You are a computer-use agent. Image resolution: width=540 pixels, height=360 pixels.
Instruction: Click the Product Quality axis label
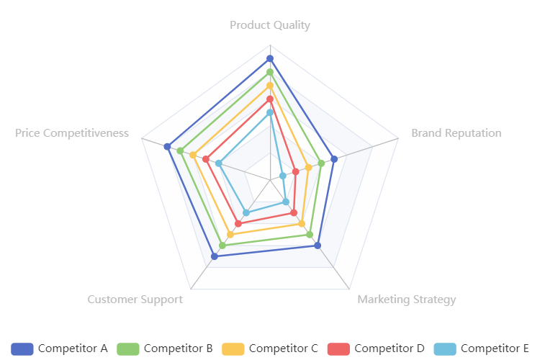pos(270,25)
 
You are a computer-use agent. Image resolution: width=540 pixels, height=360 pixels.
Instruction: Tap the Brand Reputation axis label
pos(456,133)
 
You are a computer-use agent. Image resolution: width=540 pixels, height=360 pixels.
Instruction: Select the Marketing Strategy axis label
pos(407,300)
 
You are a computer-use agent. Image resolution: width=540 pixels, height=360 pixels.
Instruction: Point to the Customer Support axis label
pos(135,300)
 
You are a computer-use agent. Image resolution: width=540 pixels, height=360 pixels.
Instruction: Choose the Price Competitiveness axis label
pos(72,133)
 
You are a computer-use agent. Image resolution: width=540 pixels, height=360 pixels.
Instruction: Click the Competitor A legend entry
pos(60,348)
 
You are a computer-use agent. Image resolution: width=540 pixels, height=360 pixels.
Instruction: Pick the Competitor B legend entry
pos(166,348)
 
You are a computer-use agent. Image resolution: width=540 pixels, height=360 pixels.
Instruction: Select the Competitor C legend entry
pos(271,348)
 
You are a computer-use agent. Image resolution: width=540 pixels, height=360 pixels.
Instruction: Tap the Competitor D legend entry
pos(377,348)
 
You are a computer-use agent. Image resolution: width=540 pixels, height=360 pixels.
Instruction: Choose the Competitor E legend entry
pos(482,348)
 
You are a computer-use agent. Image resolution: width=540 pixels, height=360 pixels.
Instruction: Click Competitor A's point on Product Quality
pos(270,58)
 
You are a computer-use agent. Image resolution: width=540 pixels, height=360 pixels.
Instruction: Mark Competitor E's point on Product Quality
pos(270,112)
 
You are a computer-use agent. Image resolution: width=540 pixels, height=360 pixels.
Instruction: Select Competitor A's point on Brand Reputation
pos(334,159)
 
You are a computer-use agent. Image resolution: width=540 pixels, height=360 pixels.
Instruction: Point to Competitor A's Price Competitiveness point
pos(167,147)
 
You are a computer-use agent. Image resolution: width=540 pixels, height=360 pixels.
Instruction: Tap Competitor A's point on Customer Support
pos(215,256)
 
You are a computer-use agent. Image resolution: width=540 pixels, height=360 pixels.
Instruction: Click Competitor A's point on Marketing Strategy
pos(318,246)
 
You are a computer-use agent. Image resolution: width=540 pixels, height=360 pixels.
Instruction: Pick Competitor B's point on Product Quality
pos(270,72)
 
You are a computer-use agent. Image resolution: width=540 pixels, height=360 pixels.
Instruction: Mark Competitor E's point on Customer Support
pos(246,212)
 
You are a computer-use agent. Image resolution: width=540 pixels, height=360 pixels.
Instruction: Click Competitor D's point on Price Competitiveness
pos(206,159)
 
